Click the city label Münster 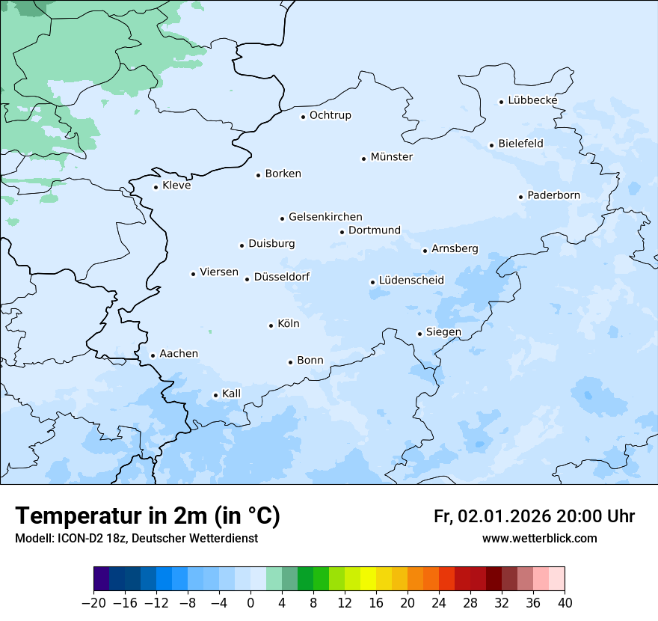pos(391,157)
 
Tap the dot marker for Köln pos(271,325)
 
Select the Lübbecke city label pos(532,100)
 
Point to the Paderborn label pos(553,195)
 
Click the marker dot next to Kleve pos(156,187)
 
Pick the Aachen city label pos(179,354)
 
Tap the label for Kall pos(231,394)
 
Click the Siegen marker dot pos(419,334)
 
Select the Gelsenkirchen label pos(325,217)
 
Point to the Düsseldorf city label pos(282,277)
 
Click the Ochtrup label pos(330,115)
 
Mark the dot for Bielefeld pos(491,145)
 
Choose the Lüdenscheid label pos(411,281)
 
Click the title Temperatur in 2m pos(147,516)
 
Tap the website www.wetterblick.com pos(539,539)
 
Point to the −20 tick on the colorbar pos(94,603)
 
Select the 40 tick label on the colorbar pos(565,603)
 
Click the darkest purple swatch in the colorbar pos(102,579)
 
